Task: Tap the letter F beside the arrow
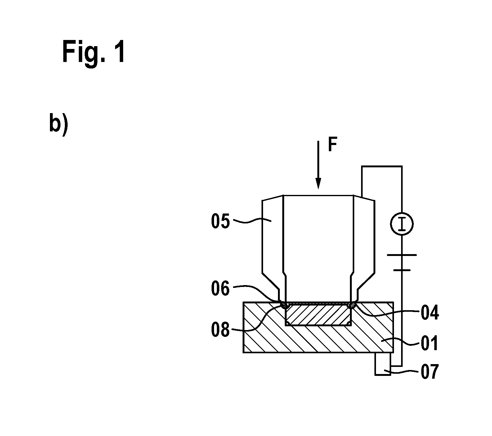333,145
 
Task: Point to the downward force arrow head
318,183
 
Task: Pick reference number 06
220,288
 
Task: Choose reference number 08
220,330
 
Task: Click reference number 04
430,313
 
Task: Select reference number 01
430,343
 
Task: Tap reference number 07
430,372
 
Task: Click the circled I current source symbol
402,223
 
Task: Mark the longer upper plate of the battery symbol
402,255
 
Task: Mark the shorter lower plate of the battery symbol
402,270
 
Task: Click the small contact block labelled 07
383,364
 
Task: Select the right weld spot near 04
352,305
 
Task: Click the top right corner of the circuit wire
402,166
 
